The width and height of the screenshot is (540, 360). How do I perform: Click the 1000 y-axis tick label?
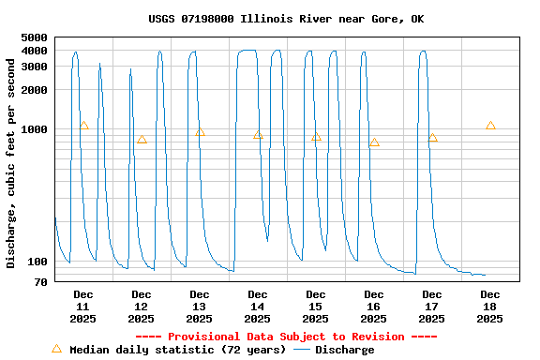tap(32, 129)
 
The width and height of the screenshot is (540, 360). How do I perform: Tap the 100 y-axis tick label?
tap(36, 262)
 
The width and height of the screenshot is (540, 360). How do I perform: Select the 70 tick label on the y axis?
tap(39, 282)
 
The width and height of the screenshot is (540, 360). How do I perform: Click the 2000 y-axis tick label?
tap(32, 90)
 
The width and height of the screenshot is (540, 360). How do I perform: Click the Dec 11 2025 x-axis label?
tap(83, 307)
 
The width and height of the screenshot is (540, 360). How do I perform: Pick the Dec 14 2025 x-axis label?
tap(258, 307)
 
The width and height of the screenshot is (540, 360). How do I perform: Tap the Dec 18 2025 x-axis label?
tap(490, 307)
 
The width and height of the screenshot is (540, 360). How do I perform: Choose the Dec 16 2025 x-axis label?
tap(374, 307)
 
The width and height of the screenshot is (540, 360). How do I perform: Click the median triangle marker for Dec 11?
tap(83, 125)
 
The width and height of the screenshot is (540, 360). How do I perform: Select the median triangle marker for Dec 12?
tap(142, 140)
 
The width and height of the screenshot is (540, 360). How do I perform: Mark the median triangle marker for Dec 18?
tap(490, 126)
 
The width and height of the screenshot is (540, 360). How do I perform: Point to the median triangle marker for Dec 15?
tap(316, 137)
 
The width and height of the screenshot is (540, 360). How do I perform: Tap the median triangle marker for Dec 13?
tap(200, 132)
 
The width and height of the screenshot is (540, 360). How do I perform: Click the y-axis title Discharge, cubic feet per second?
tap(11, 163)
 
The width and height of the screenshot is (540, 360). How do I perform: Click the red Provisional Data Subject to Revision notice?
tap(286, 337)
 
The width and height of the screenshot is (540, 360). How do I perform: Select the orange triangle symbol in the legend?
tap(56, 349)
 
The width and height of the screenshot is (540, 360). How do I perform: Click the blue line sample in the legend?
tap(302, 350)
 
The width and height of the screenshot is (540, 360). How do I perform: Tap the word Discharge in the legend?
tap(344, 350)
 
